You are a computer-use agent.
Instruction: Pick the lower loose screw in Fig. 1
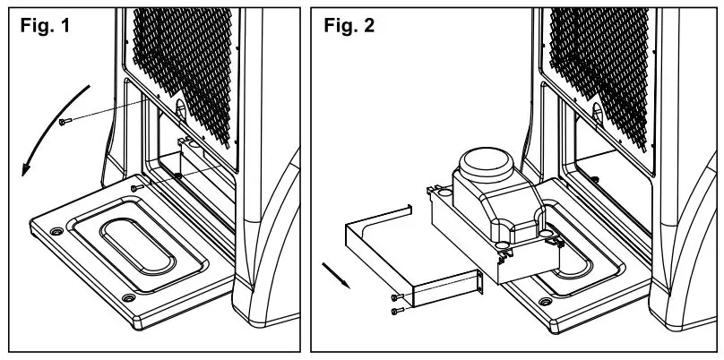pyautogui.click(x=134, y=188)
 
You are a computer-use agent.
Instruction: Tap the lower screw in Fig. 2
pyautogui.click(x=395, y=310)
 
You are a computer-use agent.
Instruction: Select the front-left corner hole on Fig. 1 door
pyautogui.click(x=57, y=231)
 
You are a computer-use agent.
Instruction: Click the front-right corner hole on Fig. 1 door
pyautogui.click(x=129, y=297)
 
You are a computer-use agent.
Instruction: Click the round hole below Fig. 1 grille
pyautogui.click(x=178, y=107)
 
